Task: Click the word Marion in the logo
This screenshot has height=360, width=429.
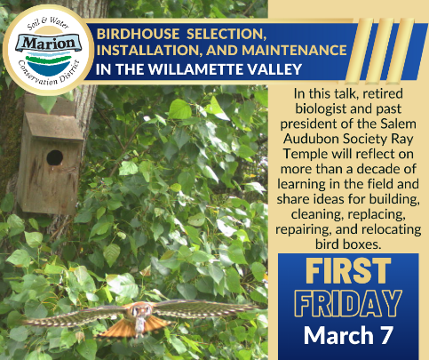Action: (49, 44)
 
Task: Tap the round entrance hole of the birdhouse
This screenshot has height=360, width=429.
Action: (55, 157)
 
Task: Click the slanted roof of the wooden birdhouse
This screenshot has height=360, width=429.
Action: (53, 126)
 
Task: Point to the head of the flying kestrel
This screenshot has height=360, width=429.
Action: (139, 311)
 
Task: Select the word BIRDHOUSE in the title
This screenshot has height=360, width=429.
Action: (138, 34)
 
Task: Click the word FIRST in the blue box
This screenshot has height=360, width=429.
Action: (348, 270)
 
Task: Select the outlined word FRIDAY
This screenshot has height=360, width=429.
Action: (348, 303)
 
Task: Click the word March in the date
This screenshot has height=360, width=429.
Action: (339, 335)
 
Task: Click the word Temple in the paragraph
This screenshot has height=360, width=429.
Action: (306, 155)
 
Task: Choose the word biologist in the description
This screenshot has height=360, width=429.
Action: (322, 109)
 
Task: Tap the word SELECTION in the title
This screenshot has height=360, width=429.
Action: (226, 34)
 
